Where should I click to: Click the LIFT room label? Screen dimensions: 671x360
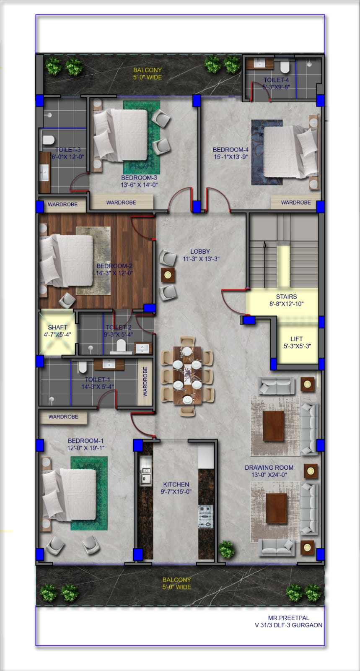click(296, 339)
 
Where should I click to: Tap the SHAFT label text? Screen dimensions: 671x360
click(57, 327)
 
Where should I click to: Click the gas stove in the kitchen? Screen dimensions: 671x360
click(205, 516)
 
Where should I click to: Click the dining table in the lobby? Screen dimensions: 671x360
click(187, 375)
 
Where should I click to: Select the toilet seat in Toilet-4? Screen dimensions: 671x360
click(285, 67)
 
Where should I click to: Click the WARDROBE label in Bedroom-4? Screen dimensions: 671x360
click(296, 202)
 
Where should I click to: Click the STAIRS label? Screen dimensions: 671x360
click(286, 296)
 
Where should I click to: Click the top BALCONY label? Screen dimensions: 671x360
click(148, 70)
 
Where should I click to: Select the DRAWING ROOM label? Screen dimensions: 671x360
click(269, 467)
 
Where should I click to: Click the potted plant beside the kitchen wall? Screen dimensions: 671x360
click(227, 549)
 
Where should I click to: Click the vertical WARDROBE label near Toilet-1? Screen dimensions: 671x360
click(145, 382)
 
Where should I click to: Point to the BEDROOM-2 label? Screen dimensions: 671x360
click(114, 266)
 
